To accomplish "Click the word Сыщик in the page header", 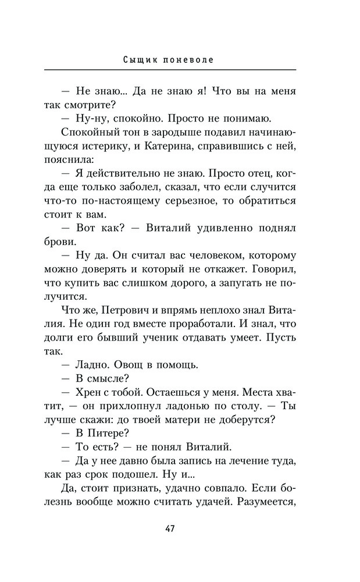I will (x=138, y=59).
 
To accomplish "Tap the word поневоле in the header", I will (x=189, y=59).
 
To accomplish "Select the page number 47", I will (x=170, y=528).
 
